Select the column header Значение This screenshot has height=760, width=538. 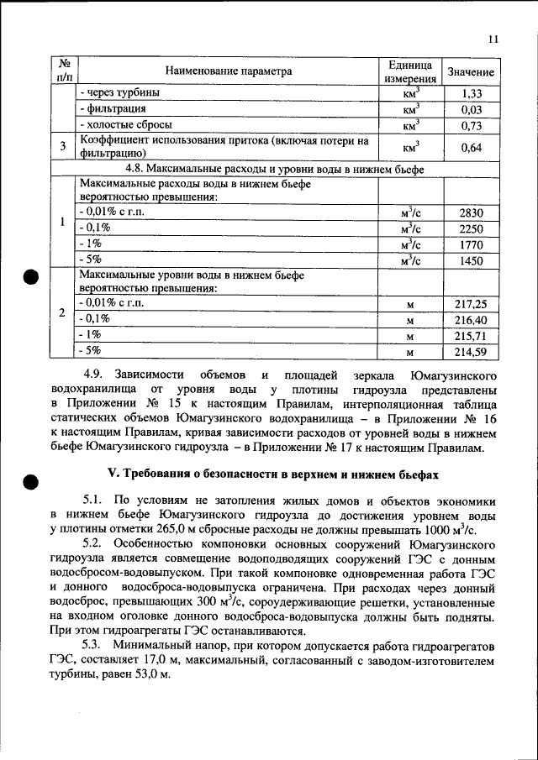coord(471,72)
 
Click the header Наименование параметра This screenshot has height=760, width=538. coord(228,72)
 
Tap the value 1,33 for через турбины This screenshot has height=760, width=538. coord(471,93)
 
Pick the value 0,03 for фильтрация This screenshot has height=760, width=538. coord(471,109)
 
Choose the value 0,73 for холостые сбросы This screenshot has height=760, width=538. coord(471,125)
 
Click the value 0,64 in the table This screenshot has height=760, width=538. coord(471,147)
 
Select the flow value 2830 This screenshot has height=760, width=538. coord(471,212)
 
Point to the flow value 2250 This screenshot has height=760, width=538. coord(471,228)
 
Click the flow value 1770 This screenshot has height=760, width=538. coord(471,244)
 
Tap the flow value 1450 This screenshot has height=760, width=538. coord(471,260)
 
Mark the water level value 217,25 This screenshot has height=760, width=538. coord(471,304)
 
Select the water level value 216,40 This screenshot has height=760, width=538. coord(471,320)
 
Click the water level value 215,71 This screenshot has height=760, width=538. coord(471,336)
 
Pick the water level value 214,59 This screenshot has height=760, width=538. coord(471,352)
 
